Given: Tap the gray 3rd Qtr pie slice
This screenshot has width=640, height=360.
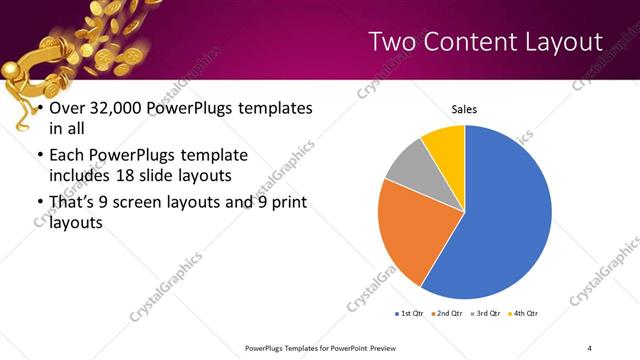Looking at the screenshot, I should tap(410, 170).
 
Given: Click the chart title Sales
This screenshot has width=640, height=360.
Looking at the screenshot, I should tap(464, 109).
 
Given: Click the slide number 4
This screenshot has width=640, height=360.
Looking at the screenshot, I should tap(590, 346).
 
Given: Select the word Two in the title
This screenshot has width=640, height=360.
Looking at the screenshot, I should tap(391, 42).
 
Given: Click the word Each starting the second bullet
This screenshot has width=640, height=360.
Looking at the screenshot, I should tap(66, 157).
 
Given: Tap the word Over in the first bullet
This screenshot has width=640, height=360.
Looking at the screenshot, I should tap(67, 109).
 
